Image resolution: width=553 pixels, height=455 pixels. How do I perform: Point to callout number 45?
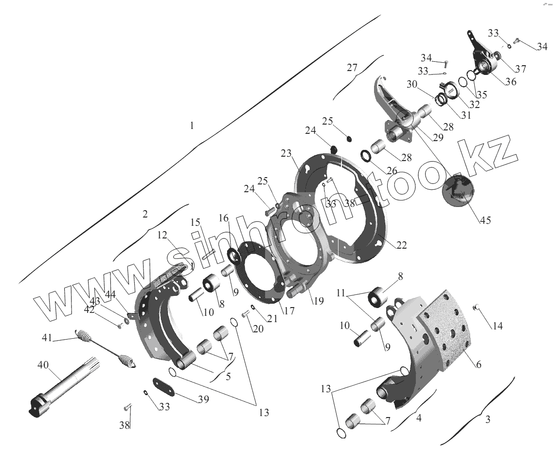click(485, 220)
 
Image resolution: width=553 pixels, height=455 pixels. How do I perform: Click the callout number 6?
click(479, 364)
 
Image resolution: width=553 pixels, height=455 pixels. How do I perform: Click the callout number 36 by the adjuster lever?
click(510, 82)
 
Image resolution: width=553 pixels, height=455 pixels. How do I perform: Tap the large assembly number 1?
click(192, 126)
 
